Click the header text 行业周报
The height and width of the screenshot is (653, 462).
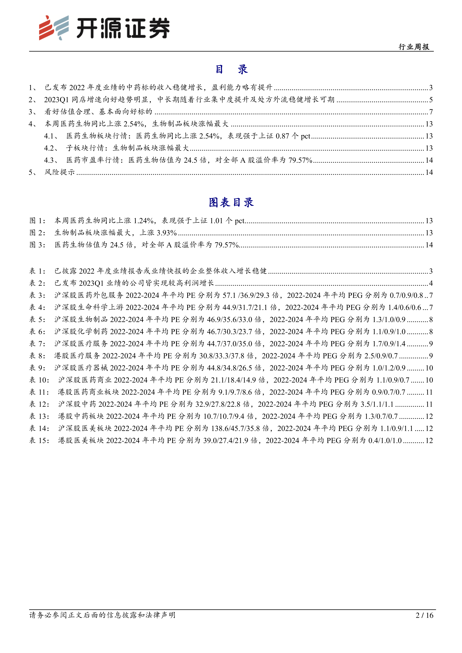point(414,47)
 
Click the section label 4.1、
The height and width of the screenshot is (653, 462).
point(51,136)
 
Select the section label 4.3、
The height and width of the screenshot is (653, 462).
point(51,160)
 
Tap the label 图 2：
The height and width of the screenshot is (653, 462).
point(37,233)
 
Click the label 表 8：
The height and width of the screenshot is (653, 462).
point(37,356)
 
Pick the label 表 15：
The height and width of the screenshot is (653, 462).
point(39,440)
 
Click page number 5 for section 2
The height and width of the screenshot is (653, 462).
point(431,100)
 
